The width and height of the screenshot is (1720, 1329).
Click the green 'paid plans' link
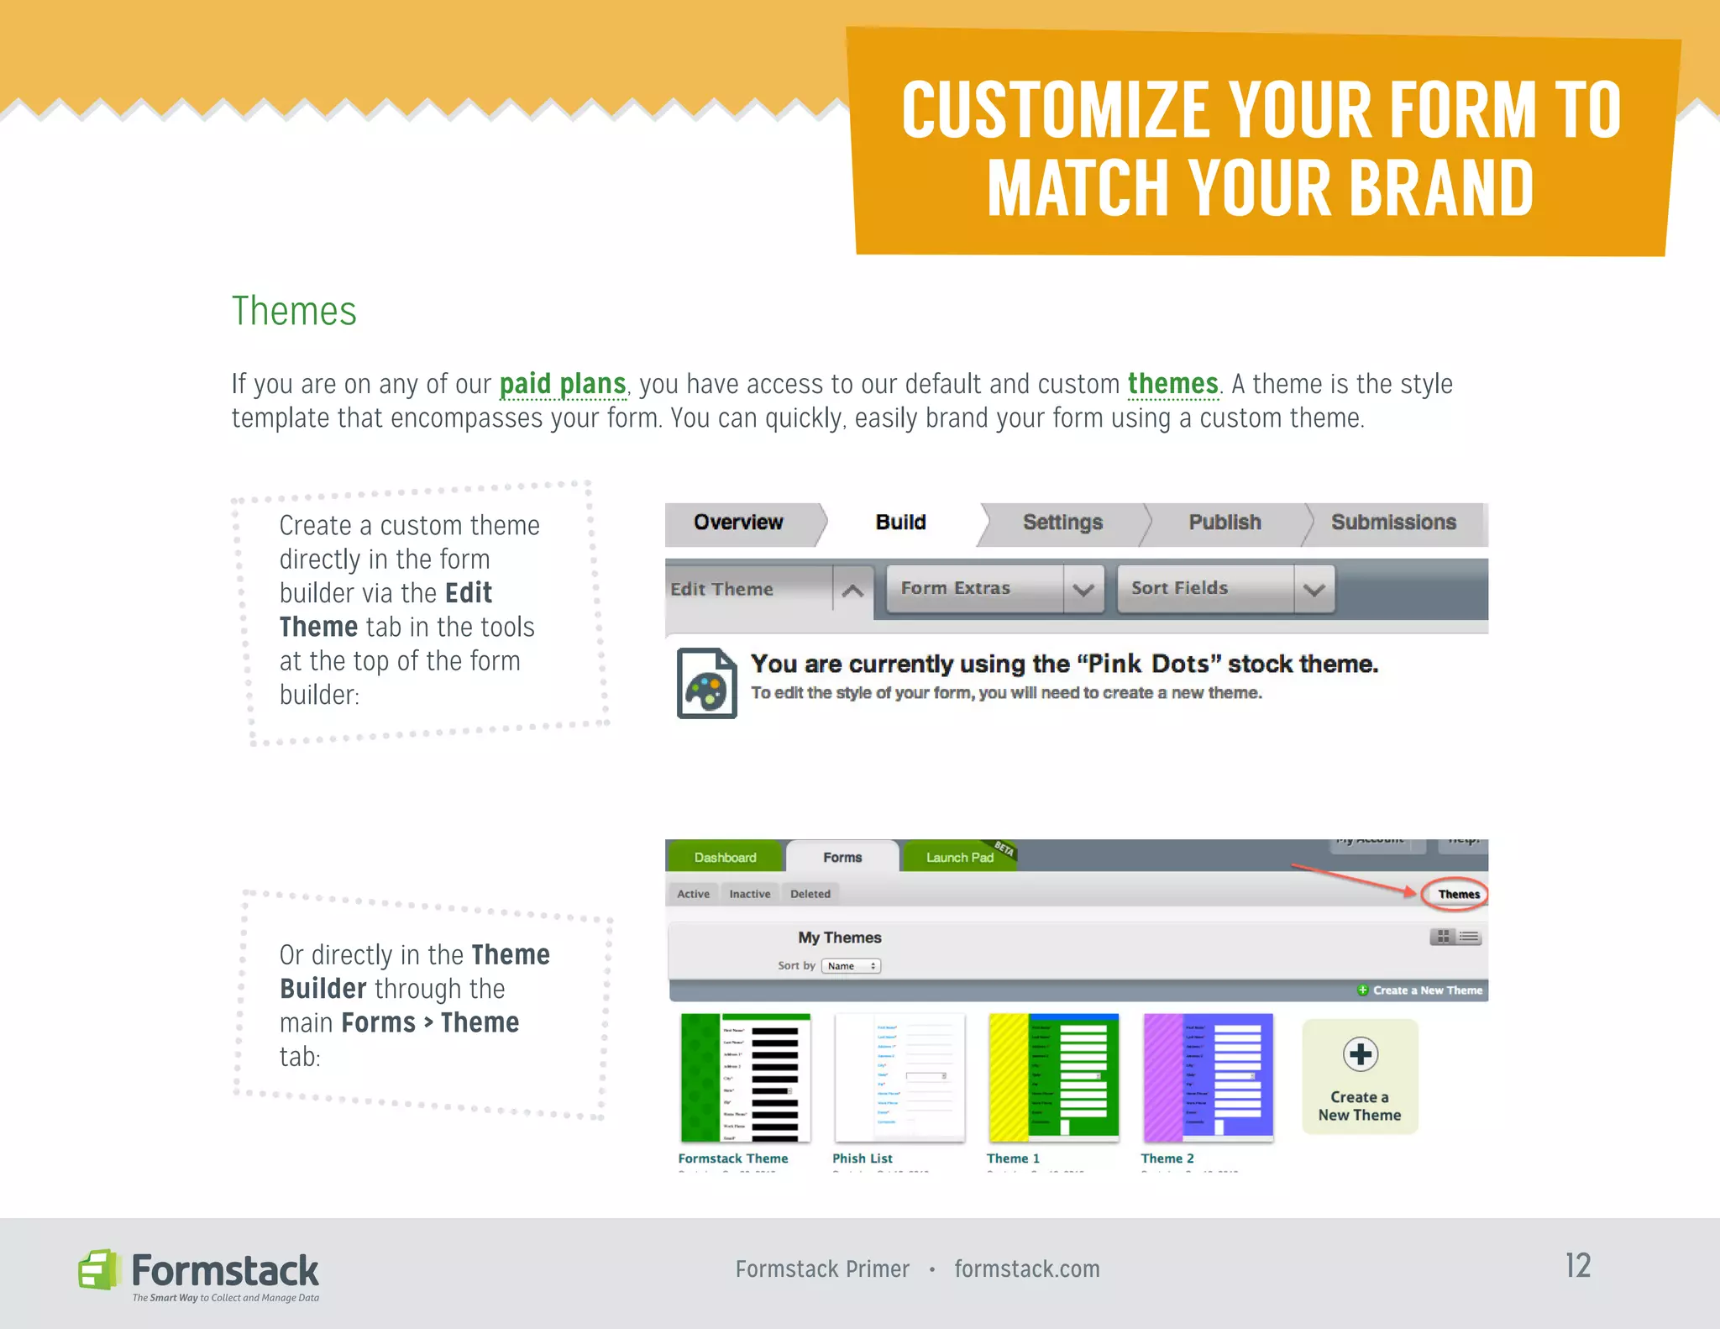pos(563,384)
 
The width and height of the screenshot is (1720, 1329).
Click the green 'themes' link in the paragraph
pos(1172,384)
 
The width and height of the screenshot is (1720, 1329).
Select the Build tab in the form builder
pos(900,523)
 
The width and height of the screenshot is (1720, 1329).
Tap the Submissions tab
pos(1393,523)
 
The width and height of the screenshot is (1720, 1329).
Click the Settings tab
pos(1062,523)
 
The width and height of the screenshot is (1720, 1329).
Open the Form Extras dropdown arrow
pos(1083,590)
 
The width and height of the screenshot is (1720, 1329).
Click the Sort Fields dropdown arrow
pos(1314,590)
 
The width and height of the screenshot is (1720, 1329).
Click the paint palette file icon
pos(706,683)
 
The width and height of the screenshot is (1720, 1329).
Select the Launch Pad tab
pos(959,858)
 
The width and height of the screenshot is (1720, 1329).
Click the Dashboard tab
pos(725,858)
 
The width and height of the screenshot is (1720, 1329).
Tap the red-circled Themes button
pos(1458,895)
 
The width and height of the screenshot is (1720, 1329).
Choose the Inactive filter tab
pos(749,895)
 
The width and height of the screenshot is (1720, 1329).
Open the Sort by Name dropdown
pos(851,966)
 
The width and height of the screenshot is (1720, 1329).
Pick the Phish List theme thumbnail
pos(899,1077)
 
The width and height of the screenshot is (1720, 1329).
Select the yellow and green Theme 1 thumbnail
pos(1053,1077)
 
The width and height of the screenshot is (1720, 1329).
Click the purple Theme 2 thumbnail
pos(1208,1077)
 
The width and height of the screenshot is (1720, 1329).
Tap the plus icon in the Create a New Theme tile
pos(1360,1054)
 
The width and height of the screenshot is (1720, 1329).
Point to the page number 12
pos(1577,1266)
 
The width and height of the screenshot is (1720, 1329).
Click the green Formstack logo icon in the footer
pos(98,1269)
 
